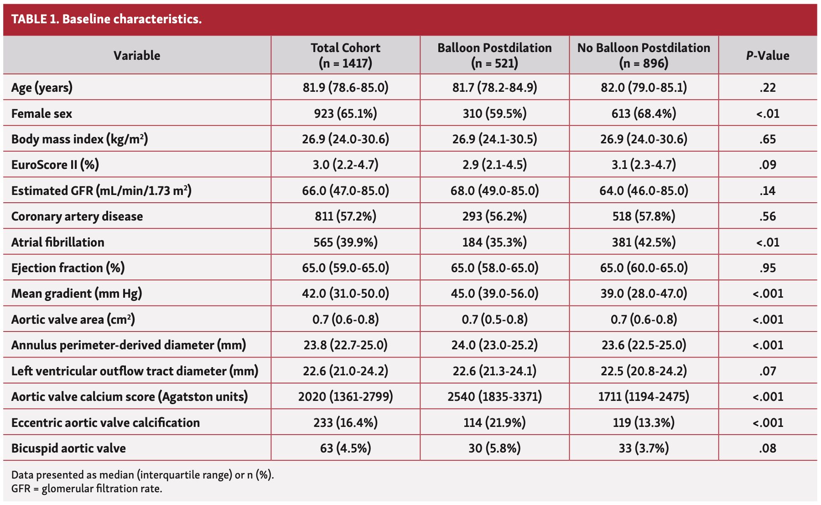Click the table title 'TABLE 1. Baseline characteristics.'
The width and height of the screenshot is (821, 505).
[106, 19]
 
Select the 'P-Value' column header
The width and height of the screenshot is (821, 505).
[768, 56]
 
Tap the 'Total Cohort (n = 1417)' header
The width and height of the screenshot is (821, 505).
[345, 55]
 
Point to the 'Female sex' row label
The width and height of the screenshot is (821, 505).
[42, 113]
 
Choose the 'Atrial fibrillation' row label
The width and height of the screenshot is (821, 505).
[58, 242]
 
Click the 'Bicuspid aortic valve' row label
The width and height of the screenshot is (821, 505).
[68, 448]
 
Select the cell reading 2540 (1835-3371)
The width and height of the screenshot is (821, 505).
[494, 396]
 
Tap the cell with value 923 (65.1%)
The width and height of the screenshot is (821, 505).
[345, 113]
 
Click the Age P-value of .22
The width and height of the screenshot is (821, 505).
[768, 87]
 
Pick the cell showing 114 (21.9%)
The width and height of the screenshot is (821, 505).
[494, 422]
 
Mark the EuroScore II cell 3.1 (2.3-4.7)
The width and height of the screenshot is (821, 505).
[644, 164]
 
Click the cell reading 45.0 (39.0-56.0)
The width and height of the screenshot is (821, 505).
[494, 293]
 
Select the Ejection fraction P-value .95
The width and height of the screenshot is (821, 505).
[768, 268]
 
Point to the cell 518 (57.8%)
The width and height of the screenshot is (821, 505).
[644, 216]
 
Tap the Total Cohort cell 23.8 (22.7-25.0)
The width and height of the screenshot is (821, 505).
[345, 345]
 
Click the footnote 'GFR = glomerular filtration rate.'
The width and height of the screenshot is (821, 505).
[87, 489]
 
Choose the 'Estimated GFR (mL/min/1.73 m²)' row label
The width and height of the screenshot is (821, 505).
[101, 190]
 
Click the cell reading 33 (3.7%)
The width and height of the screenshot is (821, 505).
[644, 448]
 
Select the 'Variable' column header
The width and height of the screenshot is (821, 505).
[137, 56]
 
